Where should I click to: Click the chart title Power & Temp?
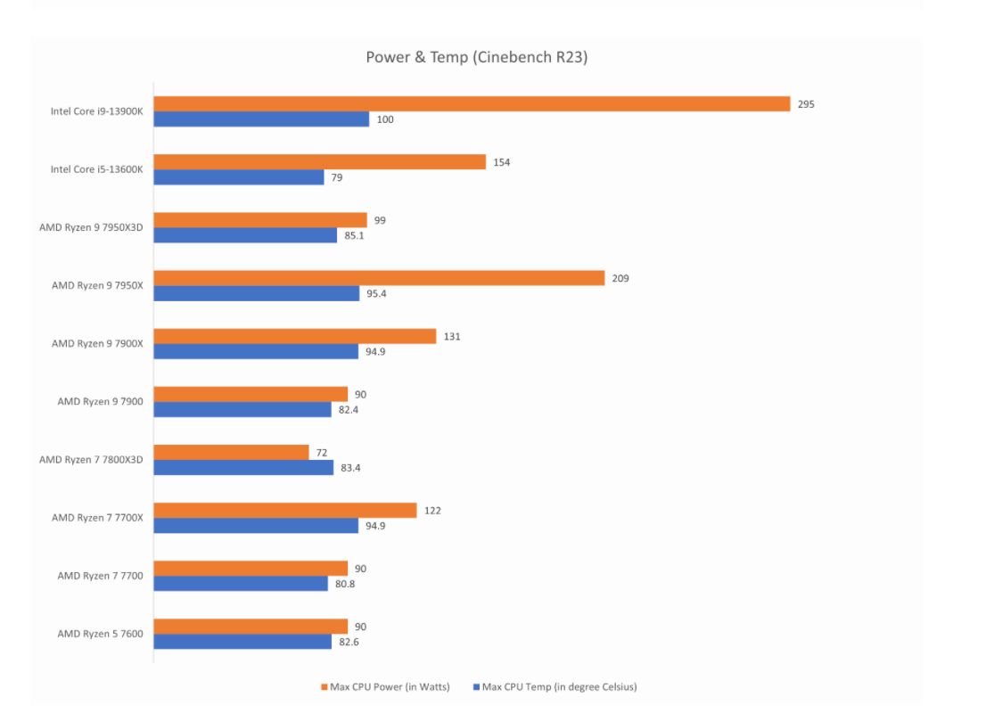(476, 57)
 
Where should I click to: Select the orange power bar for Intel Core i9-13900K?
(472, 104)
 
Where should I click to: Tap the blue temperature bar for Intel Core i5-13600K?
(239, 177)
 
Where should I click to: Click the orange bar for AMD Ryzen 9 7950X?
(379, 278)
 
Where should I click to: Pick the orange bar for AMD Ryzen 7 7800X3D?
(231, 452)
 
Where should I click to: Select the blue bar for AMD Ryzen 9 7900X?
(256, 351)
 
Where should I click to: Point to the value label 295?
(806, 104)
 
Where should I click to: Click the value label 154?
(501, 162)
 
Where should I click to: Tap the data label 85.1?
(355, 235)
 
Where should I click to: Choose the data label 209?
(620, 278)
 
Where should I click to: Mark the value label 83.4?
(351, 467)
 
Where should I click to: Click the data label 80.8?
(346, 584)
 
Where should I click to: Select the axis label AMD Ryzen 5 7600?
(100, 634)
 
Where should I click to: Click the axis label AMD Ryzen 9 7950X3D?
(91, 227)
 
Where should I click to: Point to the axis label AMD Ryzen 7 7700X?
(97, 518)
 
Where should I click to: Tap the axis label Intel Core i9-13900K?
(96, 111)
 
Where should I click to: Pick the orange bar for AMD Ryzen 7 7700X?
(285, 510)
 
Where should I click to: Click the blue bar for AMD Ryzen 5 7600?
(242, 642)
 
